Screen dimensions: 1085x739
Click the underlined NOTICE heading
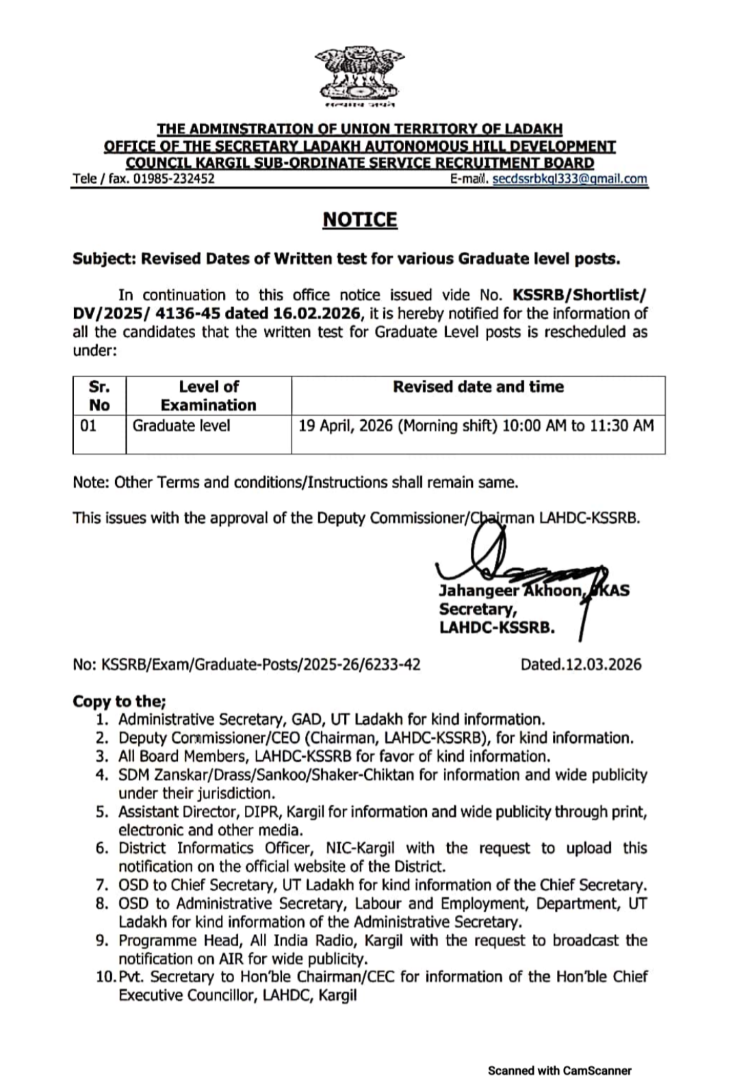359,220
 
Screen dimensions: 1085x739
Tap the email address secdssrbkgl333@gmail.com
569,179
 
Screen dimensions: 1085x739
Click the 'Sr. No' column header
99,395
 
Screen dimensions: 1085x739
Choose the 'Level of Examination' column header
208,395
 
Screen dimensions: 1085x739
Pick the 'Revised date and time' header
478,387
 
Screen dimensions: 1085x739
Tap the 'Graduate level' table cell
181,426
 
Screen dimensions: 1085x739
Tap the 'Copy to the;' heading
119,701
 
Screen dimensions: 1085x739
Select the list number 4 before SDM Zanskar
102,775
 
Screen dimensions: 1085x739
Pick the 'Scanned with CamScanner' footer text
559,1071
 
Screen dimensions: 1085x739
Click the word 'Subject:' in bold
104,259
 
